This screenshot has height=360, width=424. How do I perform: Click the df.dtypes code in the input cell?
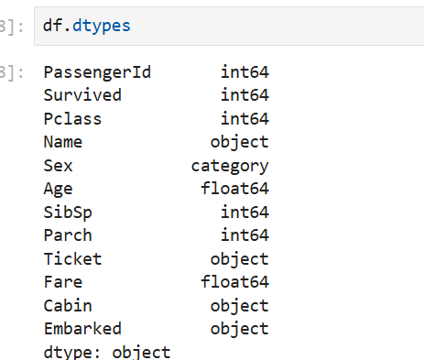[x=87, y=27]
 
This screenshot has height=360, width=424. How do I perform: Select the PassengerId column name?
[x=97, y=73]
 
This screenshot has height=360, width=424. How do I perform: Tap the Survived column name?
[x=82, y=95]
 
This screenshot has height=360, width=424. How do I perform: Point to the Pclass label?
[x=72, y=118]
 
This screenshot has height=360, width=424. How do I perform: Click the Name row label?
[x=63, y=142]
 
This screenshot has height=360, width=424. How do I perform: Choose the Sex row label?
[x=58, y=166]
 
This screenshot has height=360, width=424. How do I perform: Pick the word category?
[x=230, y=167]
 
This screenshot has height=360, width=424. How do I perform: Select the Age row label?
[x=58, y=190]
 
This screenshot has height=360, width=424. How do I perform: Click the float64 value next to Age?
[x=234, y=188]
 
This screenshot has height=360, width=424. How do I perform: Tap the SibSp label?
[x=68, y=213]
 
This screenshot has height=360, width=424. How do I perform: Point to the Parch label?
[x=68, y=235]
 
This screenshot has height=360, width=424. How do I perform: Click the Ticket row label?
[x=72, y=259]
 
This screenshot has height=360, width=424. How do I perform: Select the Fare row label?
[x=63, y=282]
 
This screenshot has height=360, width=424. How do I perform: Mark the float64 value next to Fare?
[x=234, y=281]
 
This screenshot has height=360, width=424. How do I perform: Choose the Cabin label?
[x=68, y=306]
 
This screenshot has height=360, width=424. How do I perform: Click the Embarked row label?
[x=82, y=329]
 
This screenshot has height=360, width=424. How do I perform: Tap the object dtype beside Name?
[x=239, y=143]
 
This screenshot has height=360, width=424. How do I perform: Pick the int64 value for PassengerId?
[x=245, y=72]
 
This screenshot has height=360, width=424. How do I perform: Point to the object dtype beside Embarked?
[x=239, y=330]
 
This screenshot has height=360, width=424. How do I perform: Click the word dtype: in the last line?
[x=72, y=353]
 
